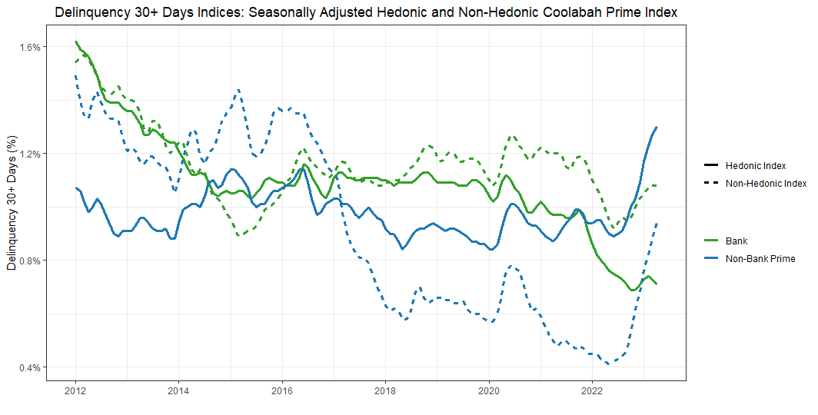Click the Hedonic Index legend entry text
[x=756, y=166]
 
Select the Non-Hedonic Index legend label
[x=766, y=184]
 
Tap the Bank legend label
[x=737, y=241]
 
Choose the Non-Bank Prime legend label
[x=760, y=259]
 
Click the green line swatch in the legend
[x=710, y=241]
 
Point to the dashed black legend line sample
[x=710, y=184]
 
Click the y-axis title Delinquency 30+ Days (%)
[x=12, y=207]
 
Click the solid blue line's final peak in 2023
[x=657, y=127]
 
